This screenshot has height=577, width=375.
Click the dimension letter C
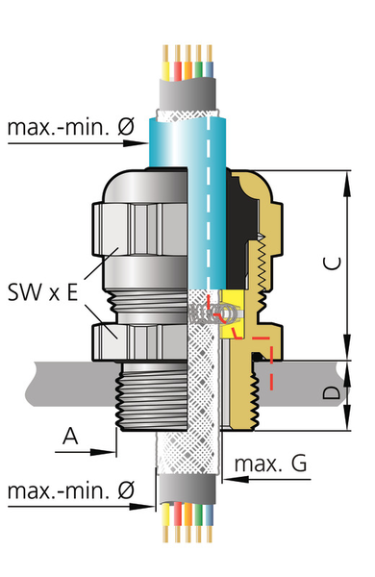point(333,263)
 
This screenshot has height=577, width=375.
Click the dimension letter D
point(332,393)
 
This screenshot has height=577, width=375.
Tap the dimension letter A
point(70,436)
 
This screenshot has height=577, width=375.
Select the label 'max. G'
point(270,464)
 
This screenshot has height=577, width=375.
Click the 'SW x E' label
point(43,292)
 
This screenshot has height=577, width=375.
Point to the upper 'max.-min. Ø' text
point(71,127)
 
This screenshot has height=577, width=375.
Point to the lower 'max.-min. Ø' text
point(71,490)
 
